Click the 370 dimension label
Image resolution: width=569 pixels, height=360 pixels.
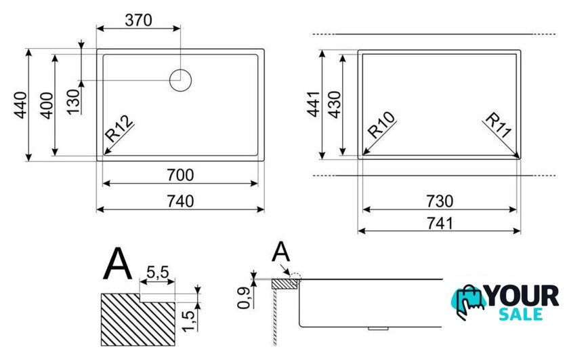138,20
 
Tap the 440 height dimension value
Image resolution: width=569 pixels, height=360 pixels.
20,105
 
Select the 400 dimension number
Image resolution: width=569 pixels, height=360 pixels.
47,106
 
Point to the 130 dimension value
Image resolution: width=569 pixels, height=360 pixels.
73,102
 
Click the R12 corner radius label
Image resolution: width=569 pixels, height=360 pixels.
119,129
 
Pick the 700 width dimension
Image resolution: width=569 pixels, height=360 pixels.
180,175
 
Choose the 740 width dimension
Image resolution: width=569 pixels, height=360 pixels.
180,201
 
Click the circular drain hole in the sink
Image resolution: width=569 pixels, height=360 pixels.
180,80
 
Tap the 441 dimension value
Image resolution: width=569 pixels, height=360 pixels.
314,104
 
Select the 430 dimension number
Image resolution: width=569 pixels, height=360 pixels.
334,104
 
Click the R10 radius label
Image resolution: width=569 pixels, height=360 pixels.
381,125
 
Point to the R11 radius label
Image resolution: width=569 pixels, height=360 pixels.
499,125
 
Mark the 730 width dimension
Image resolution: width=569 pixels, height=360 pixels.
440,201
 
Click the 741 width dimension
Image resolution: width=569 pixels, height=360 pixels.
440,224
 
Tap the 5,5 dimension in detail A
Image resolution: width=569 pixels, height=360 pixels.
157,271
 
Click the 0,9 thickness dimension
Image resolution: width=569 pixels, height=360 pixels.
244,298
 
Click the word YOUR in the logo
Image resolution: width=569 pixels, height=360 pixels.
522,296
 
